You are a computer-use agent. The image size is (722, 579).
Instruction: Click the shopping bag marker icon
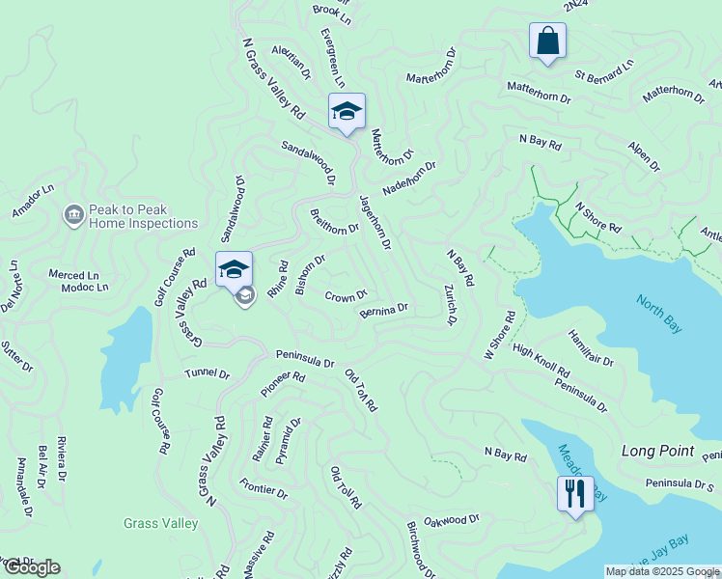coord(547,41)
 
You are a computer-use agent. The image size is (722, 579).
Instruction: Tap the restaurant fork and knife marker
coord(575,494)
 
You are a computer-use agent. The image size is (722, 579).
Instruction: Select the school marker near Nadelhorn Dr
coord(347,113)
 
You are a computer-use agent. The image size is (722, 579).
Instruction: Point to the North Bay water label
coord(658,314)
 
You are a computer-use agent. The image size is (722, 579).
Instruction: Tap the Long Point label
coord(657,451)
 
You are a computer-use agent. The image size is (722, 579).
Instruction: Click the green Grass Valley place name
coord(160,524)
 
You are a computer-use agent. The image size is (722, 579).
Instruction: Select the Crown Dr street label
coord(346,295)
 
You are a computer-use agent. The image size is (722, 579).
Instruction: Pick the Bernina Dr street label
coord(384,310)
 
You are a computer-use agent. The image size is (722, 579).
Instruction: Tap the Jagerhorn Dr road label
coord(375,224)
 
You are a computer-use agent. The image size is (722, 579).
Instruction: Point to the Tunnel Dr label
coord(208,373)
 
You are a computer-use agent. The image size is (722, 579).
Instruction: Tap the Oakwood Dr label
coord(451,519)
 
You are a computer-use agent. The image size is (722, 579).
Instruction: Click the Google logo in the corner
coord(32,567)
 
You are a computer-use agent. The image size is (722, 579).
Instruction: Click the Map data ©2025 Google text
coord(662,571)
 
